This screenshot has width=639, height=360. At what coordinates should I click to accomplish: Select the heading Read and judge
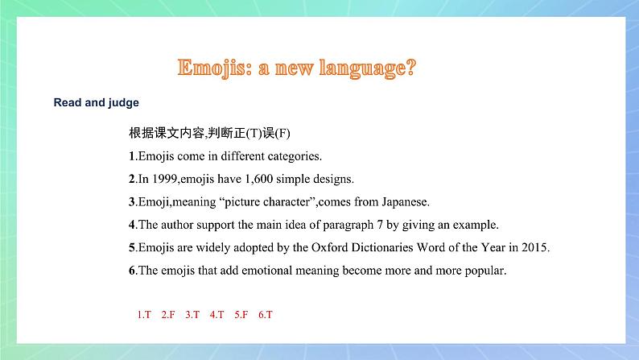(96, 103)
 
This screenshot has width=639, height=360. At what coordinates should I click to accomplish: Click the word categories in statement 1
(295, 155)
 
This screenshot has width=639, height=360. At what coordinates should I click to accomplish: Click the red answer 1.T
(144, 315)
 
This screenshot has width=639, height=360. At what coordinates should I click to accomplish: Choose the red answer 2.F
(168, 315)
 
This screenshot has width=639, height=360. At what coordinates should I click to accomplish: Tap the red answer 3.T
(192, 315)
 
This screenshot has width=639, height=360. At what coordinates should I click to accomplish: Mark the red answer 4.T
(217, 315)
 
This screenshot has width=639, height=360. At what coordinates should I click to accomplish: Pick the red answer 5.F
(241, 315)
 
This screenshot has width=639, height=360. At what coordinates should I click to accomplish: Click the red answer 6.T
(266, 315)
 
